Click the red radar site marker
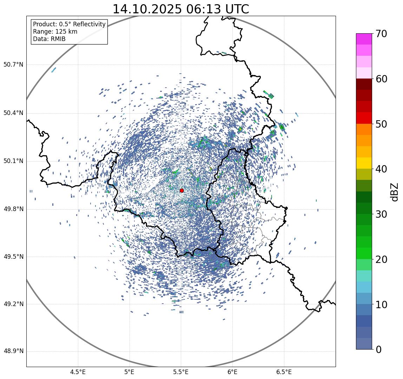coord(181,190)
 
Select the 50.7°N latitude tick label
coord(13,65)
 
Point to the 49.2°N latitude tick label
coord(13,304)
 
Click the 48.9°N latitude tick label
coord(13,351)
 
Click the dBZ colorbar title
coord(395,192)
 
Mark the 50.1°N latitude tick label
coord(13,161)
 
